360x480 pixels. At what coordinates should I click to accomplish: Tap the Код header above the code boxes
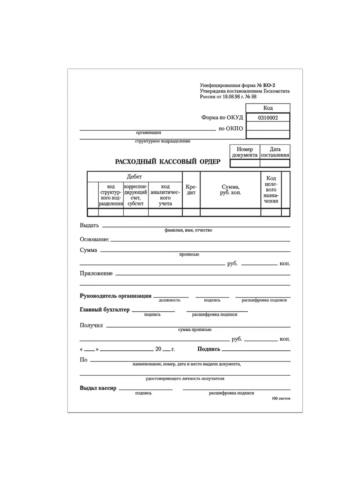pyautogui.click(x=268, y=108)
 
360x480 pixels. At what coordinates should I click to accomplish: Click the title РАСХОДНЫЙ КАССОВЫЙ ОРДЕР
pyautogui.click(x=168, y=162)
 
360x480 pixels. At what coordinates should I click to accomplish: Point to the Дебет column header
pyautogui.click(x=134, y=176)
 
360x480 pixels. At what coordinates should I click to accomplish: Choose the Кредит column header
pyautogui.click(x=191, y=190)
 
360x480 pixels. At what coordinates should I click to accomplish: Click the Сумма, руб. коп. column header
pyautogui.click(x=230, y=190)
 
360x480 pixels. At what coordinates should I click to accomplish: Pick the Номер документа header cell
pyautogui.click(x=245, y=152)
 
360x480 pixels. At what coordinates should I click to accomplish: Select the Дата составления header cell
pyautogui.click(x=275, y=152)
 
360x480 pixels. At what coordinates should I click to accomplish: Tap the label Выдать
pyautogui.click(x=89, y=225)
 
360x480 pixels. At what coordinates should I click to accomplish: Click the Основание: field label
pyautogui.click(x=94, y=239)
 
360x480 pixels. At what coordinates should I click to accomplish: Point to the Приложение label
pyautogui.click(x=96, y=274)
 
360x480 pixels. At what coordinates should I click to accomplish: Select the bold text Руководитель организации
pyautogui.click(x=116, y=296)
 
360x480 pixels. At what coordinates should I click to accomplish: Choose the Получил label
pyautogui.click(x=91, y=325)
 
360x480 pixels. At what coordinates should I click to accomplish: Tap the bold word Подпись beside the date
pyautogui.click(x=209, y=349)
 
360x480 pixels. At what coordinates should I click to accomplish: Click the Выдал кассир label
pyautogui.click(x=98, y=388)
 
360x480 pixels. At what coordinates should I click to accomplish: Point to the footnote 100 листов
pyautogui.click(x=281, y=399)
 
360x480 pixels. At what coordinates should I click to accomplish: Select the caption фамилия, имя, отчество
pyautogui.click(x=188, y=230)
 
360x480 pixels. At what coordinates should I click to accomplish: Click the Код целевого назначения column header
pyautogui.click(x=271, y=190)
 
